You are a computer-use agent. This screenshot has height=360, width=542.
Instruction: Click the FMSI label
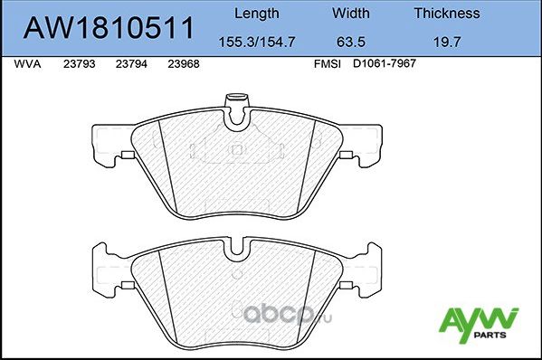pyautogui.click(x=327, y=65)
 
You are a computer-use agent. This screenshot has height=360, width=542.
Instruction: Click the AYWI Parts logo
pyautogui.click(x=478, y=323)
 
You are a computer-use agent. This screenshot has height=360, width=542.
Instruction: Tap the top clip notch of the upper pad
pyautogui.click(x=236, y=108)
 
